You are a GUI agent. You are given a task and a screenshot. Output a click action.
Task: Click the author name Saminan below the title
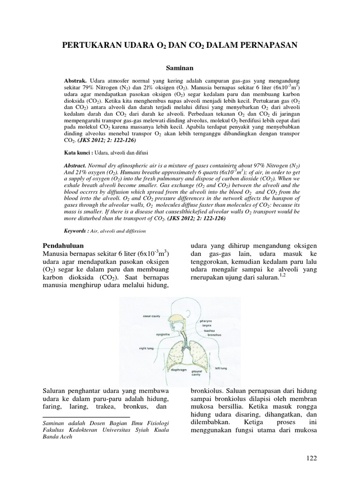click(x=180, y=68)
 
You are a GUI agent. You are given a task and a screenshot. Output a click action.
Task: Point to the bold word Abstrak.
click(x=75, y=81)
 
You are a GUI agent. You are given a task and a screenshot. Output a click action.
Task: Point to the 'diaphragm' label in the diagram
click(x=171, y=370)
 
